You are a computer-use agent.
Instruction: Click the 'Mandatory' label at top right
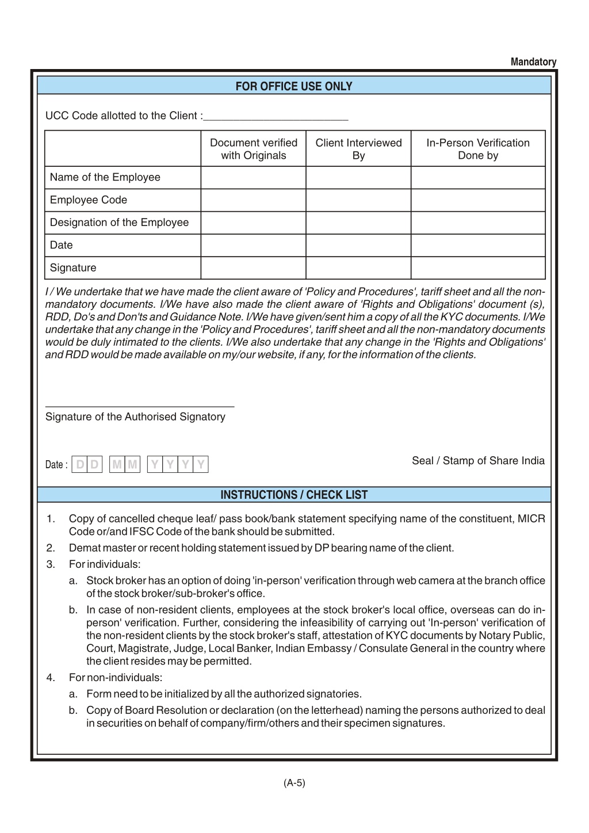533,62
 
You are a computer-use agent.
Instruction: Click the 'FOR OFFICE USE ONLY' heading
294,86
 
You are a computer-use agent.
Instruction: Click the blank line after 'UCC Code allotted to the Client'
276,118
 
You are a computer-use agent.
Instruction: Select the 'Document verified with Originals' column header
253,149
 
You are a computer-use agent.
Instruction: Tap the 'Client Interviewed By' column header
358,149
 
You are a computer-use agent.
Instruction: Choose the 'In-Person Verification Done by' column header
478,149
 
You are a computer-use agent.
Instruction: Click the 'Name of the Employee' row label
105,177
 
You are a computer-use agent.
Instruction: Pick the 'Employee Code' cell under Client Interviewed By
358,200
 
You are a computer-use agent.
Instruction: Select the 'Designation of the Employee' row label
119,223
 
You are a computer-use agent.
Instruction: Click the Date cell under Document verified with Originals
253,245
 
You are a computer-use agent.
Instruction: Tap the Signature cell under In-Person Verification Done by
478,268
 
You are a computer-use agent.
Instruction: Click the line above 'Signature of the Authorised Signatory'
140,407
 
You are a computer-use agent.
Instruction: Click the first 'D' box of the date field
80,464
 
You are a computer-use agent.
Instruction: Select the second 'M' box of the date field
133,464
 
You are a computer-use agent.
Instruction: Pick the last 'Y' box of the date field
201,464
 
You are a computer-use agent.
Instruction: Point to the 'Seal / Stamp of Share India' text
478,461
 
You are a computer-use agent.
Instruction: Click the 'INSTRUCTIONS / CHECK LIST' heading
294,495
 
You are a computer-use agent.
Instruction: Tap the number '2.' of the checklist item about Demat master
51,548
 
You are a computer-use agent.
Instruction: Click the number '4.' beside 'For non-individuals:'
51,678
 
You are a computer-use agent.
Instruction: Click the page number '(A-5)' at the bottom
294,783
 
